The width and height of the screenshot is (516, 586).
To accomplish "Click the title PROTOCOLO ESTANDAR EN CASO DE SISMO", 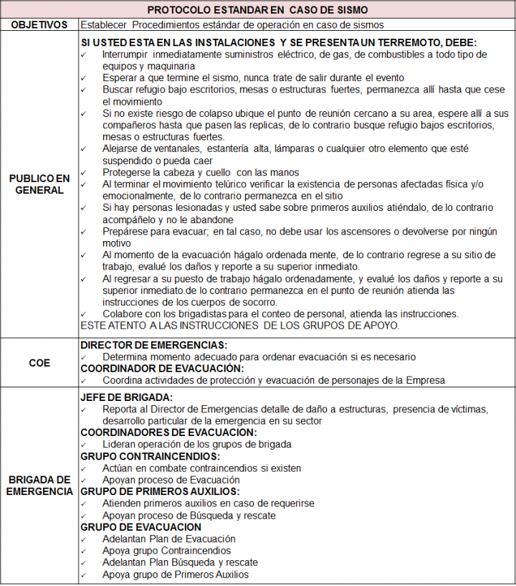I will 258,9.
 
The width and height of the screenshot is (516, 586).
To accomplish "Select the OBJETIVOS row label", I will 39,24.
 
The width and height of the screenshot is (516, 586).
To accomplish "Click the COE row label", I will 39,362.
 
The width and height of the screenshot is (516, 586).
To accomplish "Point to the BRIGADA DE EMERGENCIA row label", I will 39,485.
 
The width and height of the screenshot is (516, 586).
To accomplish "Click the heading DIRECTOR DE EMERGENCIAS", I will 154,345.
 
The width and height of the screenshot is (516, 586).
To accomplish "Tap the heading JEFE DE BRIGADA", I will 127,397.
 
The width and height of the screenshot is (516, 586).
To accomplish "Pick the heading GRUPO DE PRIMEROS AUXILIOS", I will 160,491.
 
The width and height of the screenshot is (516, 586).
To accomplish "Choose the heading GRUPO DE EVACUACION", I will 141,526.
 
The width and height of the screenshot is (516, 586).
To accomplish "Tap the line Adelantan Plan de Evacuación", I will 168,539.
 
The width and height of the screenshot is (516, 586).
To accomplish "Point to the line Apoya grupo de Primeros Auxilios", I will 176,574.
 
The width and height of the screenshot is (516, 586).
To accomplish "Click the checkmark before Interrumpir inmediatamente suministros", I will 85,55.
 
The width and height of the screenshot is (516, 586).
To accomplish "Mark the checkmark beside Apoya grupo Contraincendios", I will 85,551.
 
